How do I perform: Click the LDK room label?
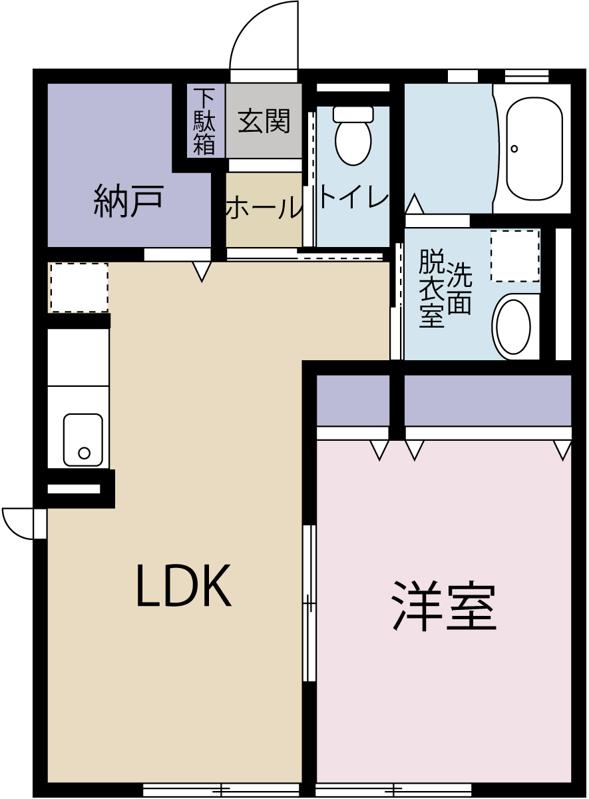coord(183,586)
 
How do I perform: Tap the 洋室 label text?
coord(443,607)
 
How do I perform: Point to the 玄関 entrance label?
coord(264,121)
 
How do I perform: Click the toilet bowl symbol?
coord(353,136)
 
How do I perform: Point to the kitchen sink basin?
coord(83,439)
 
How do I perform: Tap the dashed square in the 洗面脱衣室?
coord(515,256)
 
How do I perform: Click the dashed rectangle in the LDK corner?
coord(79,287)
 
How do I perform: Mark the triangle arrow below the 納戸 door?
coord(202,270)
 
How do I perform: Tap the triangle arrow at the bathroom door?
coord(414,203)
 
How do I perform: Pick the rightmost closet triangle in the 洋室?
coord(563,450)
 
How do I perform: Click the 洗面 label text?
coord(459,288)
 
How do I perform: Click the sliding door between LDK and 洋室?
coord(309,603)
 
